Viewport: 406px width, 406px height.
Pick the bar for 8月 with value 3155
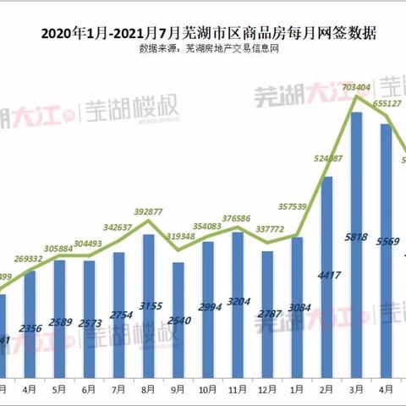pos(148,304)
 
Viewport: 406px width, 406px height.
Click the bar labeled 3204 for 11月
pos(238,304)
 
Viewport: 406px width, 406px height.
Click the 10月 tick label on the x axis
pos(207,391)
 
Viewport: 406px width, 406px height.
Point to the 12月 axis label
pos(267,391)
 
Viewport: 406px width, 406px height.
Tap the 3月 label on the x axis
pos(356,391)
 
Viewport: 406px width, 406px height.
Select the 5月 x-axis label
pos(59,391)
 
